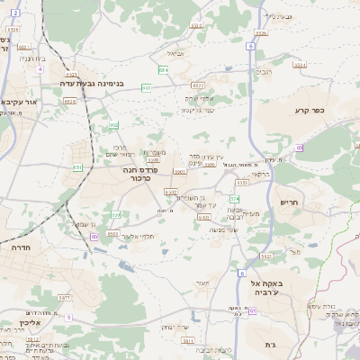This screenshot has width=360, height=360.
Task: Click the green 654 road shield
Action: (164, 68)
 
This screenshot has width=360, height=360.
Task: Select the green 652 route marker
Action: (114, 125)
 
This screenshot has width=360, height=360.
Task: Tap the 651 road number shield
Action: (79, 167)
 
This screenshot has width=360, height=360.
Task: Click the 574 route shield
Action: (235, 198)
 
